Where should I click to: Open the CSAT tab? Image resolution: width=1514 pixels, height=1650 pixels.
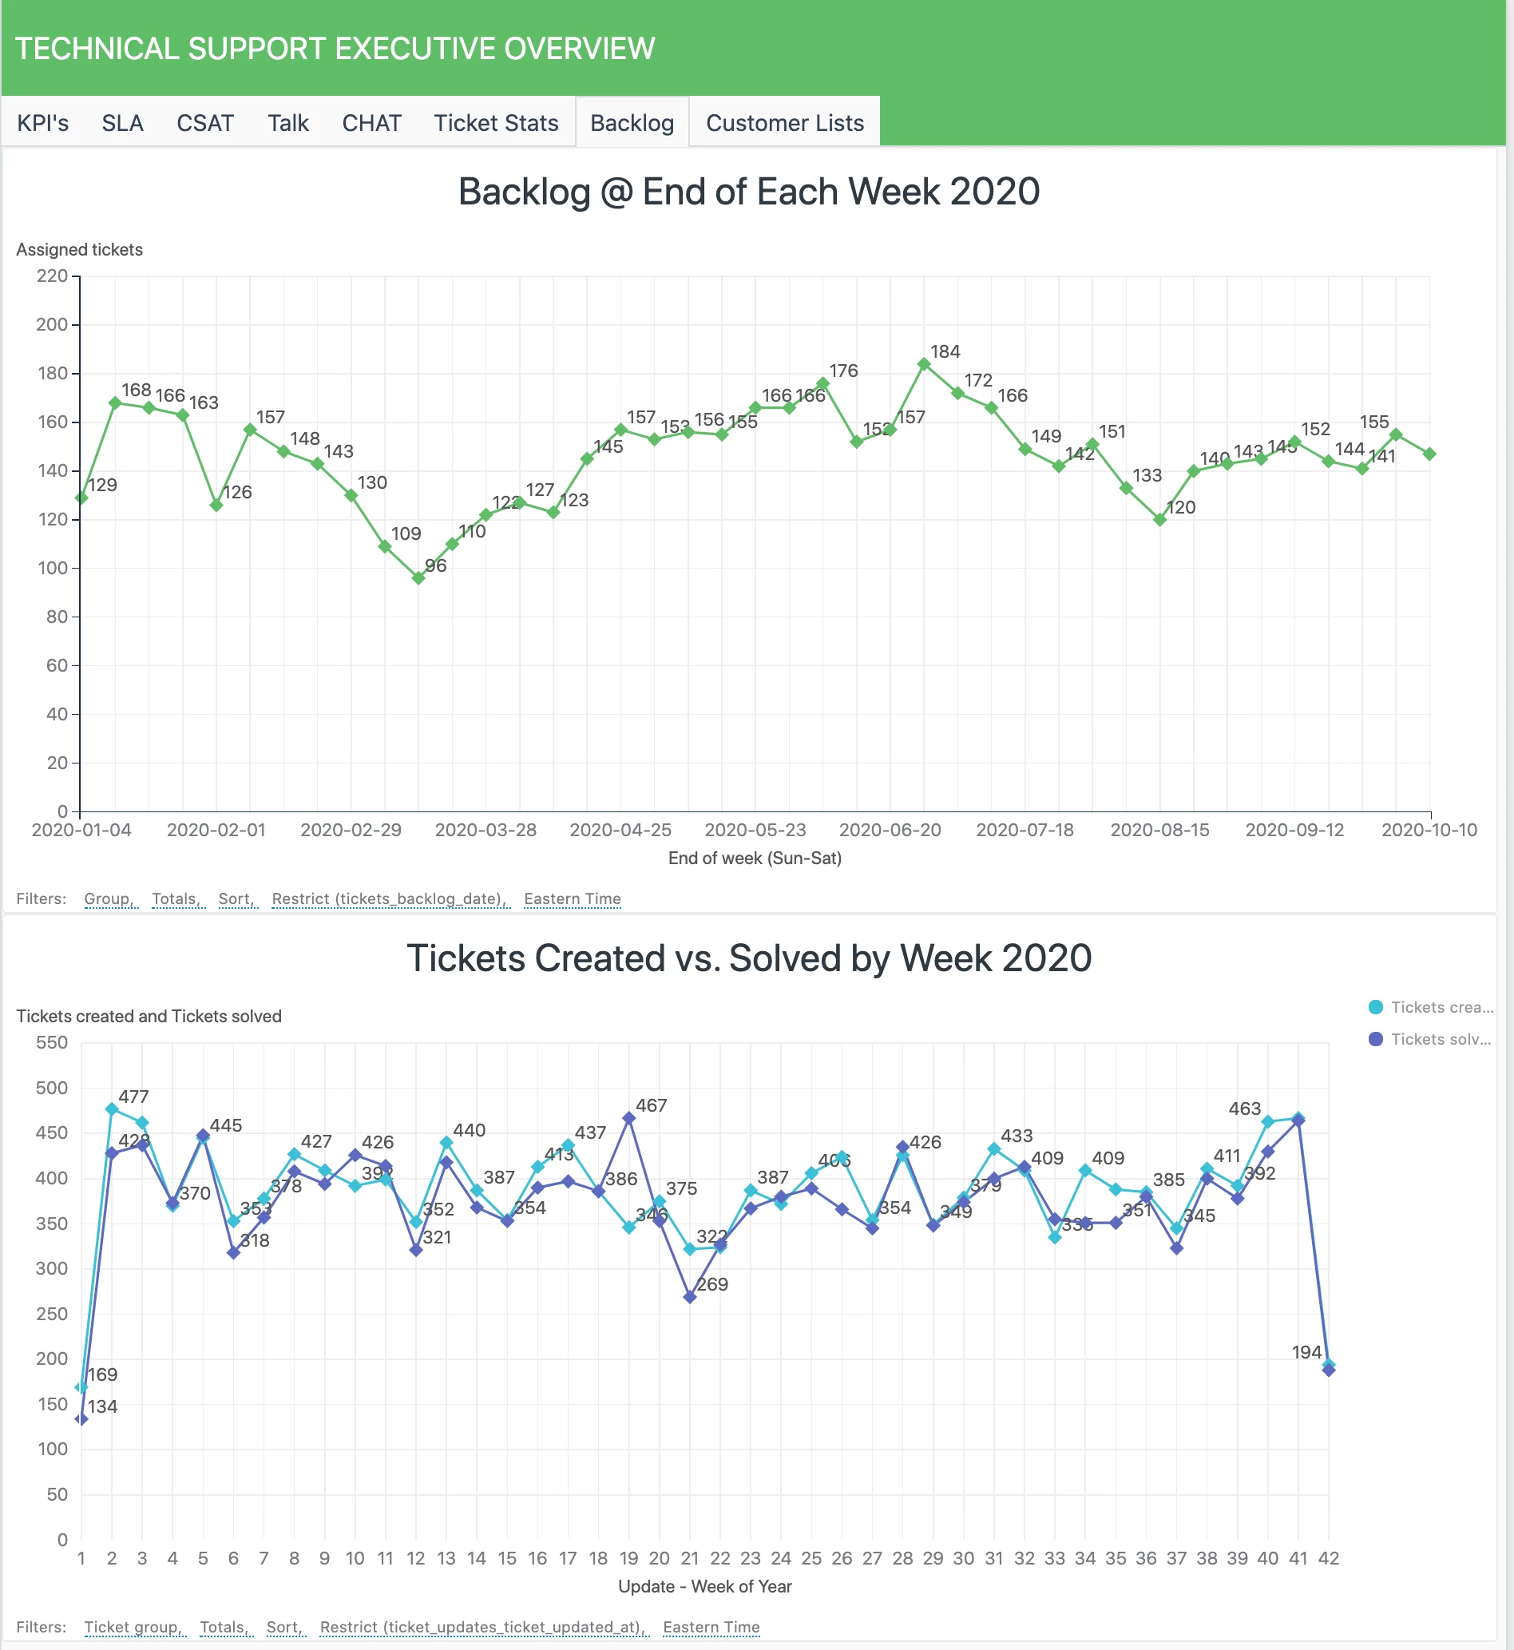pyautogui.click(x=204, y=123)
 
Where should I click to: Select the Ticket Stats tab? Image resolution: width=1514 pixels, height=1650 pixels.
pyautogui.click(x=496, y=123)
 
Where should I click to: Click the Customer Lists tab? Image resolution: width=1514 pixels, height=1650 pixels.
pyautogui.click(x=784, y=123)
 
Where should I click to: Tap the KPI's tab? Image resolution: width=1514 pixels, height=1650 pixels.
pyautogui.click(x=42, y=123)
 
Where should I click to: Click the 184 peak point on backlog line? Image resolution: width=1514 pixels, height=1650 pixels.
pyautogui.click(x=924, y=364)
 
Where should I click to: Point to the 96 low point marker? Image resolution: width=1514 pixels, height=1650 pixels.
pyautogui.click(x=418, y=578)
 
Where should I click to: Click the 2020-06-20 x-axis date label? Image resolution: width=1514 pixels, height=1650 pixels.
pyautogui.click(x=890, y=830)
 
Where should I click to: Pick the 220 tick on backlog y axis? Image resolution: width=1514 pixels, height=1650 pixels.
pyautogui.click(x=52, y=276)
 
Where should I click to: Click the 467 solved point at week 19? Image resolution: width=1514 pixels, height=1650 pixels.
pyautogui.click(x=629, y=1118)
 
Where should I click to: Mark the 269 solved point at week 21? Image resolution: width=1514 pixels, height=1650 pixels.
pyautogui.click(x=690, y=1298)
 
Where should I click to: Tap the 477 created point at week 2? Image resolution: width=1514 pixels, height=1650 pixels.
pyautogui.click(x=113, y=1109)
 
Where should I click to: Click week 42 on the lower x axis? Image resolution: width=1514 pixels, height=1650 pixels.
pyautogui.click(x=1328, y=1558)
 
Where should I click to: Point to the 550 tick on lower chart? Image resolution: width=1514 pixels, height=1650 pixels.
pyautogui.click(x=52, y=1043)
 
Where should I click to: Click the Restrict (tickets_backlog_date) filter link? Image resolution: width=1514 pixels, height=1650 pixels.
pyautogui.click(x=389, y=898)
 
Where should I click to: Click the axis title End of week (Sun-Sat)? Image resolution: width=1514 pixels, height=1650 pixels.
pyautogui.click(x=755, y=858)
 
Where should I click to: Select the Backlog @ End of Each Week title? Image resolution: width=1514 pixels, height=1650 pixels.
pyautogui.click(x=749, y=192)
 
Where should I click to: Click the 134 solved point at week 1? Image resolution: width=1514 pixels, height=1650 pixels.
pyautogui.click(x=81, y=1419)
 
